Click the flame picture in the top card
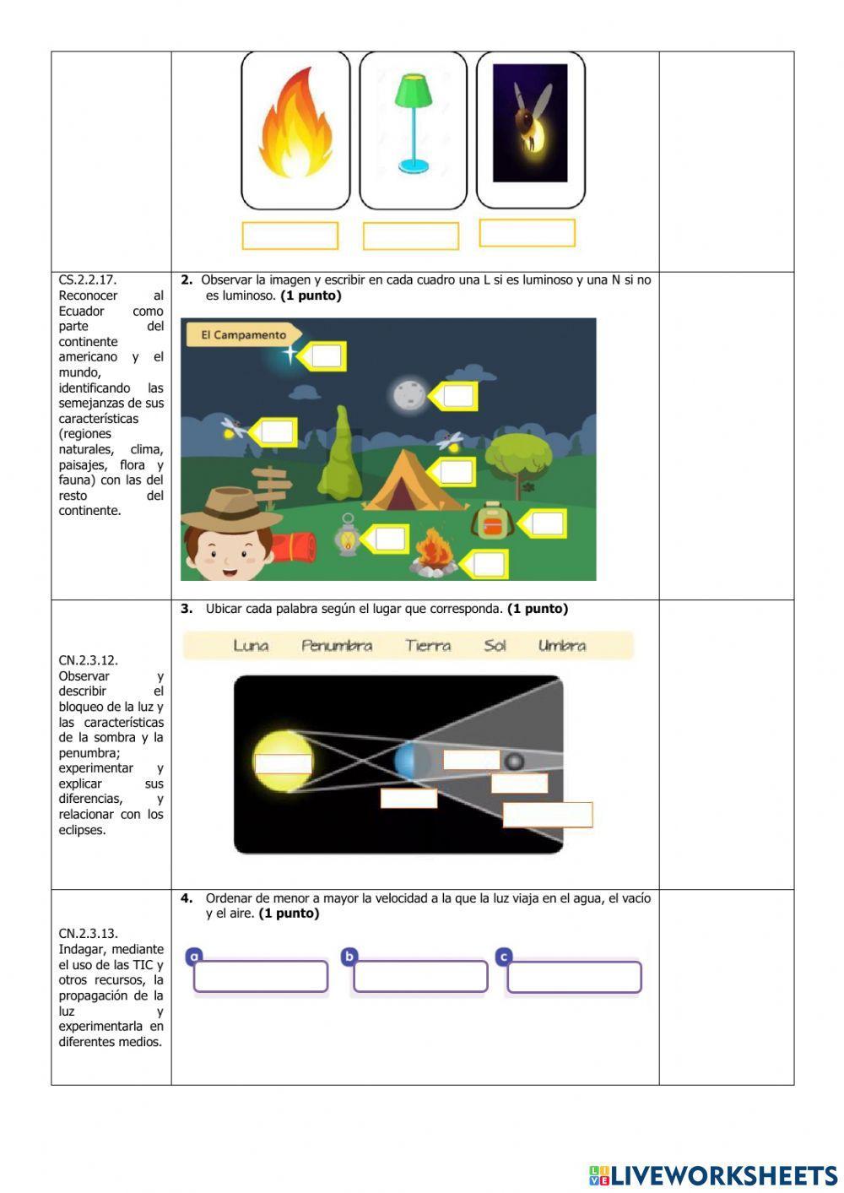point(295,127)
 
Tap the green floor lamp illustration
point(413,123)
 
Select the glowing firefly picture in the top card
point(530,123)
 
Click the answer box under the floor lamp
point(411,236)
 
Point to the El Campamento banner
point(243,335)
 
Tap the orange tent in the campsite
point(414,482)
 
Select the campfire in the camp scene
point(432,552)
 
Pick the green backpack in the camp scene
point(492,523)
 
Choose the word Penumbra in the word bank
point(337,646)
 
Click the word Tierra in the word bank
point(428,646)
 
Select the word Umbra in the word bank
point(562,646)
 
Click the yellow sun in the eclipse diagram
point(283,762)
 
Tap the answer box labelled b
point(420,977)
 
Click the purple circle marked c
point(504,957)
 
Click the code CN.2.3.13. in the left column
point(89,934)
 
